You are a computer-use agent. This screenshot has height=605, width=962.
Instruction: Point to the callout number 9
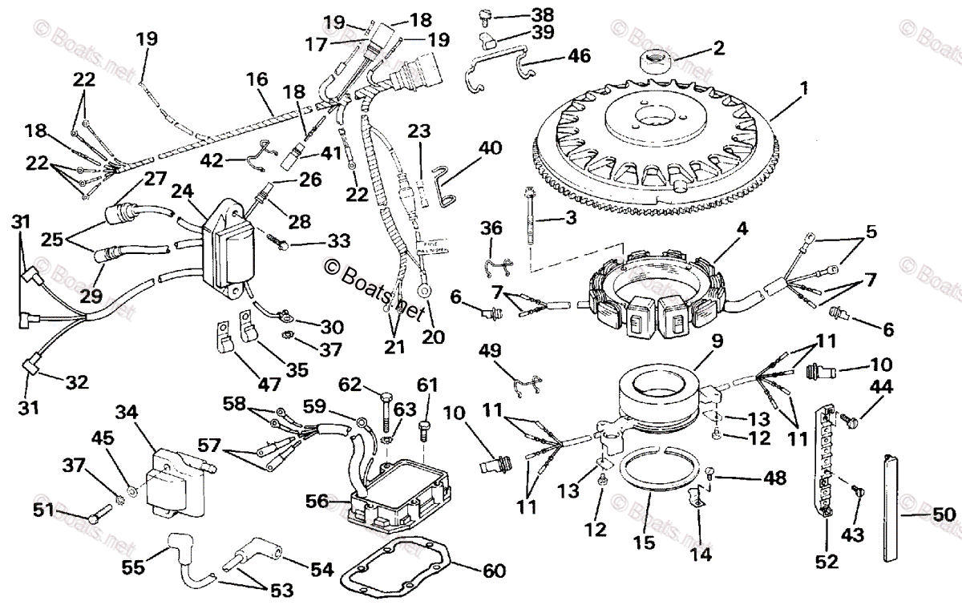716,340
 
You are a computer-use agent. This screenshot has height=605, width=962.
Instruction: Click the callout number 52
827,562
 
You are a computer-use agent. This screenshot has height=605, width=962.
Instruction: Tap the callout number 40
490,148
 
